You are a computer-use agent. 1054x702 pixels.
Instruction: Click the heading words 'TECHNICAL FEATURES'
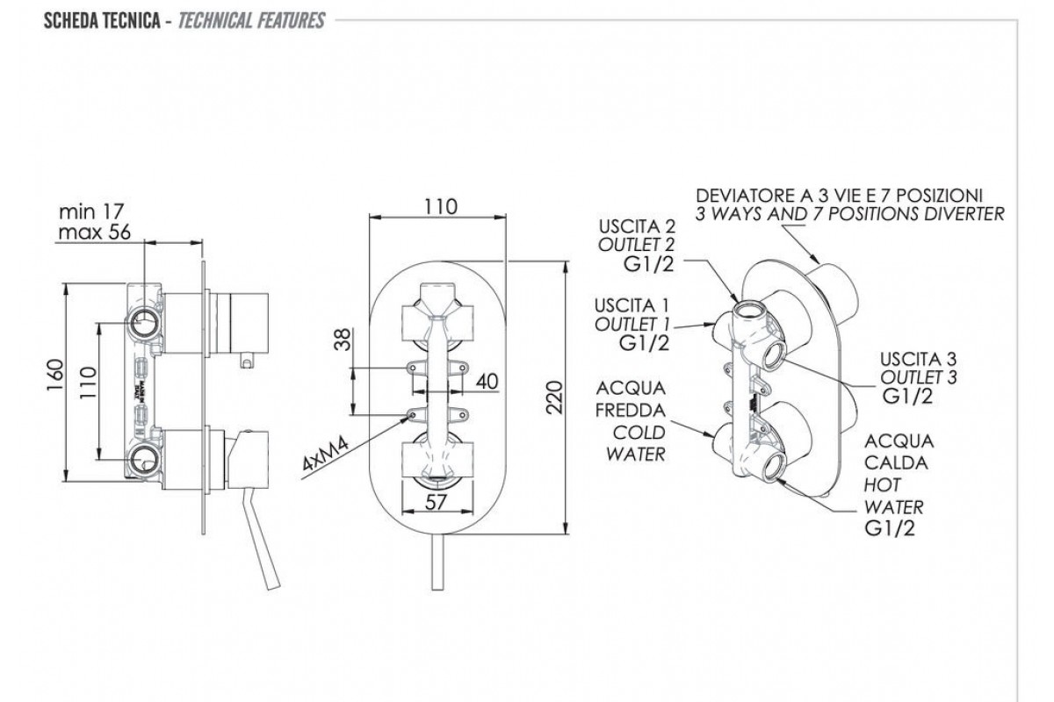click(251, 20)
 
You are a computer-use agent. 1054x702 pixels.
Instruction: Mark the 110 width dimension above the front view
click(439, 207)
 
